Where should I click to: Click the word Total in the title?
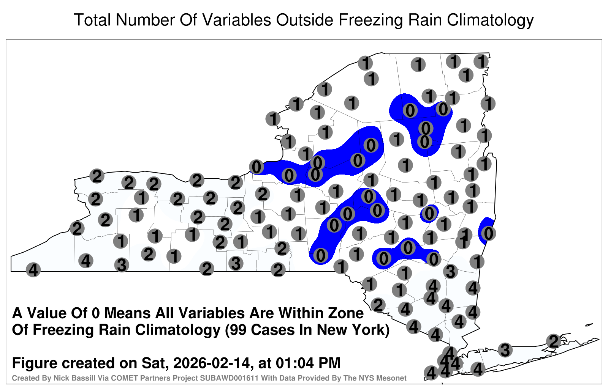pos(92,20)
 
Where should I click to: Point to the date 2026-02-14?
pos(211,363)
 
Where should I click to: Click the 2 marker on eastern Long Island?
pos(554,341)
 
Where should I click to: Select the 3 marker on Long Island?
pos(505,350)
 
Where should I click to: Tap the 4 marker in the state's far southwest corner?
pos(33,270)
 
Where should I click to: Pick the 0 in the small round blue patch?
pos(429,214)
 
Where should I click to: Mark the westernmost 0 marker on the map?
pos(256,167)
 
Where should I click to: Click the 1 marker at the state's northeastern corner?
pos(481,61)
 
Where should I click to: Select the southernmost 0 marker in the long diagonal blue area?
pos(321,255)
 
